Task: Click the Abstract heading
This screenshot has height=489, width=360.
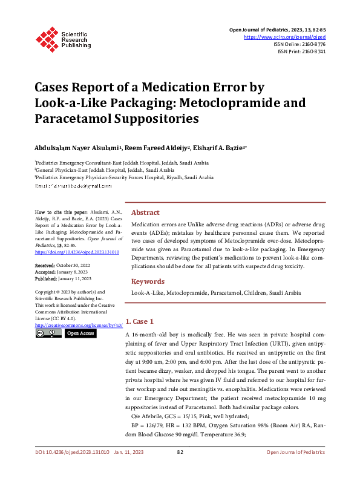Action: click(145, 213)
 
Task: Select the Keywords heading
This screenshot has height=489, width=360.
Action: click(148, 281)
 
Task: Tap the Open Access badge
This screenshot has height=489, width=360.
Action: click(80, 333)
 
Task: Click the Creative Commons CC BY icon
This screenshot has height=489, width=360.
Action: click(48, 333)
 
